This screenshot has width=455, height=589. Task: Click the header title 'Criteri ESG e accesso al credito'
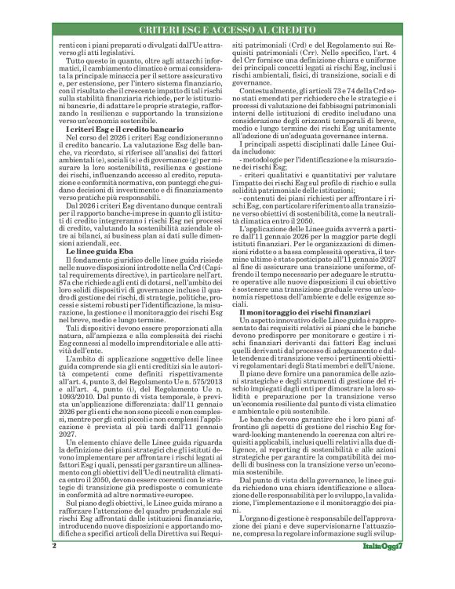click(227, 29)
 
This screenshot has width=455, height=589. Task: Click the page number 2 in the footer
click(53, 566)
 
